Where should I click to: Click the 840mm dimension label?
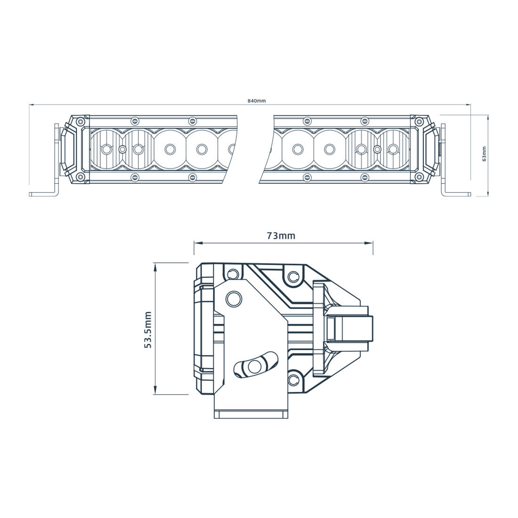coord(257,101)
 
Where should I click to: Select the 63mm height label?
coord(485,154)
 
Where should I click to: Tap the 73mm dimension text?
coord(281,235)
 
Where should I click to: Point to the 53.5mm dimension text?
coord(148,330)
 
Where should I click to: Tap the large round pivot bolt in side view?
coord(233,299)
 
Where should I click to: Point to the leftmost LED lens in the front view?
coord(107,149)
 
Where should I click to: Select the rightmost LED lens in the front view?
coord(392,149)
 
